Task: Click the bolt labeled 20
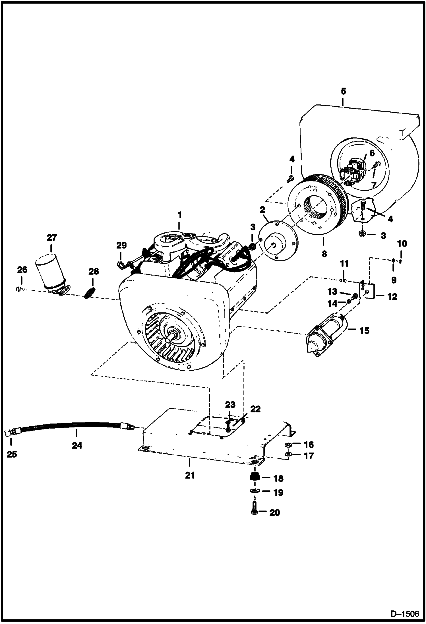(254, 512)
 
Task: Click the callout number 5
(343, 92)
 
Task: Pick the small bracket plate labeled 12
(367, 290)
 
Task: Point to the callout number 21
(190, 475)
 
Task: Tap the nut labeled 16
(288, 444)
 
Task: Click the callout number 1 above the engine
(179, 215)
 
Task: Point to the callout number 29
(121, 245)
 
